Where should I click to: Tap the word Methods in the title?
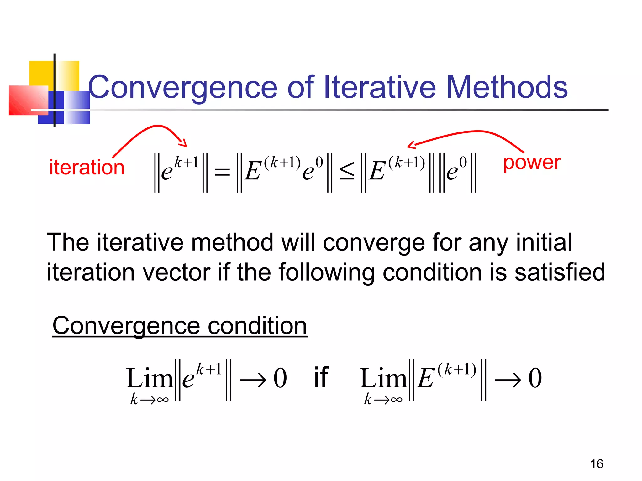[506, 87]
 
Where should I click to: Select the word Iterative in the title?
[379, 87]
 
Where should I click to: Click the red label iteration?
[87, 167]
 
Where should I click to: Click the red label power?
[532, 163]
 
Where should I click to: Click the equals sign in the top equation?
[222, 173]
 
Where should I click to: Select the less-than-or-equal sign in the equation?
[347, 172]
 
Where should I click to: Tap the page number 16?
[597, 464]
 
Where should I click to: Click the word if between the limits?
[321, 378]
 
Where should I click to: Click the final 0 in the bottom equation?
[535, 378]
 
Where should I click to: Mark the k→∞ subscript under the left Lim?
[149, 399]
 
